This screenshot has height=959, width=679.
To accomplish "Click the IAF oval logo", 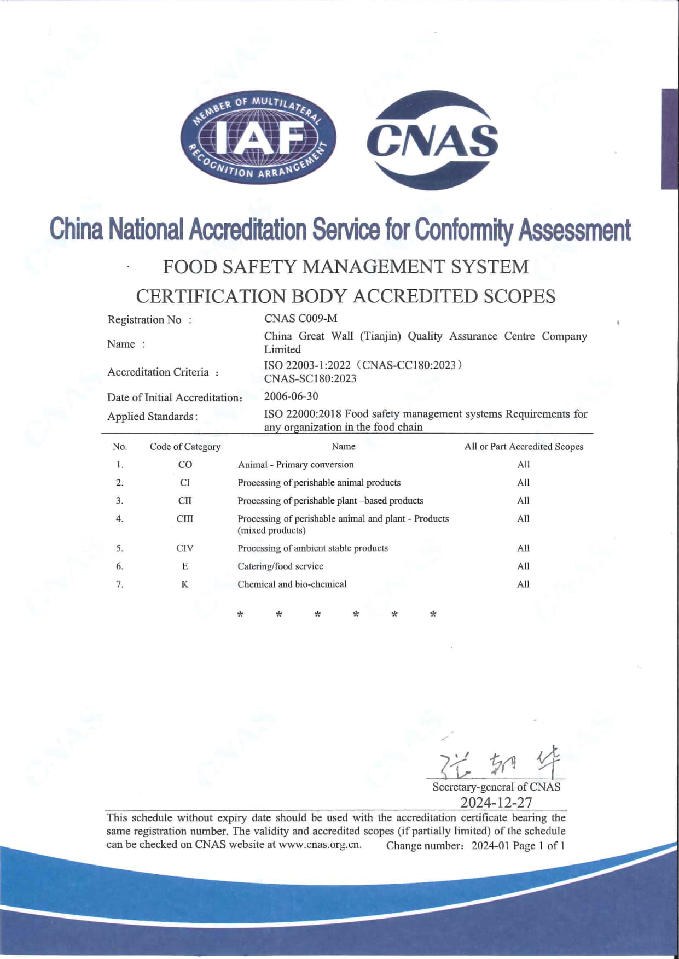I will pyautogui.click(x=258, y=138).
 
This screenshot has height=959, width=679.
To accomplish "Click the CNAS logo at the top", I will pyautogui.click(x=432, y=140).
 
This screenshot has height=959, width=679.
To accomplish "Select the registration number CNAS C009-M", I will pyautogui.click(x=300, y=318).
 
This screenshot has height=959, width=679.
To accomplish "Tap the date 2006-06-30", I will pyautogui.click(x=291, y=396).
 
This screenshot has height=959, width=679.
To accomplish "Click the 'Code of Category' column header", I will pyautogui.click(x=185, y=447).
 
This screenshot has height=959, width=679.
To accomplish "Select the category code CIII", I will pyautogui.click(x=185, y=518).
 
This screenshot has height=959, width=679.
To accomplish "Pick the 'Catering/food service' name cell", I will pyautogui.click(x=280, y=566).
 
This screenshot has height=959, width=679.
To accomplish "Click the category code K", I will pyautogui.click(x=185, y=584).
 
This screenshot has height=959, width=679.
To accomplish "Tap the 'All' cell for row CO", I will pyautogui.click(x=524, y=464).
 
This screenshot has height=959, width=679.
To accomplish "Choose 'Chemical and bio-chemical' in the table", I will pyautogui.click(x=292, y=584).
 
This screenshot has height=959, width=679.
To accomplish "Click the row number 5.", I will pyautogui.click(x=119, y=548).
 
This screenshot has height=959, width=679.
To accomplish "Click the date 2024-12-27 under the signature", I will pyautogui.click(x=496, y=802).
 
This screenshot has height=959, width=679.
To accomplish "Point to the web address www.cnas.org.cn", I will pyautogui.click(x=320, y=844).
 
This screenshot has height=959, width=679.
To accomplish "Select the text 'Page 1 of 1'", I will pyautogui.click(x=538, y=845).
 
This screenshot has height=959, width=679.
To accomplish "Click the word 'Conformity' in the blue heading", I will pyautogui.click(x=464, y=230).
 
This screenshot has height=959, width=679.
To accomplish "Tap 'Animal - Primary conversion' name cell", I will pyautogui.click(x=295, y=464).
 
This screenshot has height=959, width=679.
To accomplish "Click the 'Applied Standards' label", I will pyautogui.click(x=151, y=417).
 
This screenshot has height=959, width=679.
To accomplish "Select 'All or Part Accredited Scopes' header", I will pyautogui.click(x=524, y=447).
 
